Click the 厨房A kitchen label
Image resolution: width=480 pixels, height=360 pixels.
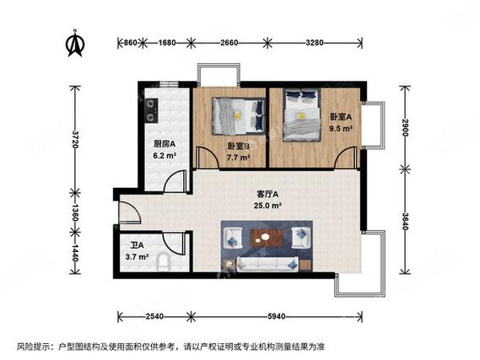click(164, 143)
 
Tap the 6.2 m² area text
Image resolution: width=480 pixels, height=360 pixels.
click(164, 155)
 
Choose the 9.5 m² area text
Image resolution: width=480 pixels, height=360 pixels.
click(341, 129)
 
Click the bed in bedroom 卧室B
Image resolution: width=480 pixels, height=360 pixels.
click(237, 116)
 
